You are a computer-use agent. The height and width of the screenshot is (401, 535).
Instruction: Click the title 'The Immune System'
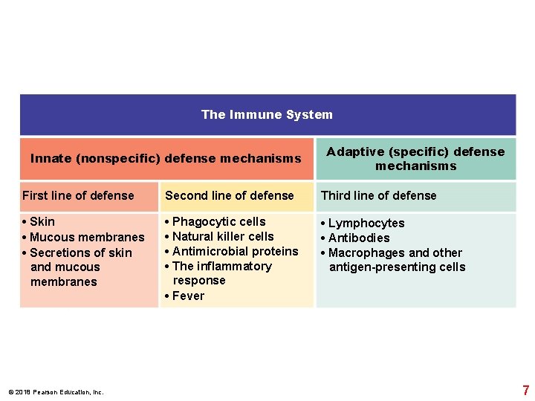(x=267, y=114)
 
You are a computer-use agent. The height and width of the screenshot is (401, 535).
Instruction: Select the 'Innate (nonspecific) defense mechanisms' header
(x=166, y=158)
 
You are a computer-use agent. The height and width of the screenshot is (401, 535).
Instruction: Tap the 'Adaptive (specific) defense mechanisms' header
(x=415, y=158)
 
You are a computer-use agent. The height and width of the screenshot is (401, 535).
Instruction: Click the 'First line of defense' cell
(x=78, y=196)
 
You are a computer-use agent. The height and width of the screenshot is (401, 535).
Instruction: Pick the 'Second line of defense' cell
(x=230, y=196)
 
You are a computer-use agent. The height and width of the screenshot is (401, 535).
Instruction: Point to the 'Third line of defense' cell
(x=378, y=196)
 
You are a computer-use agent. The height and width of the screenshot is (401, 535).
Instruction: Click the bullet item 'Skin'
(x=42, y=222)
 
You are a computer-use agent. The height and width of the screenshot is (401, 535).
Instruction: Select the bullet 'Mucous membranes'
(x=87, y=238)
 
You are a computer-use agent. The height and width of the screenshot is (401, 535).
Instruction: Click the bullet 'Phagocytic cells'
(x=218, y=222)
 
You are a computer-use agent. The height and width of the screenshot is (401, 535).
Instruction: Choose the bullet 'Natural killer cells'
(x=223, y=237)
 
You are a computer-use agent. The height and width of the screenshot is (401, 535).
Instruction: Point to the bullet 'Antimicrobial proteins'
(x=235, y=252)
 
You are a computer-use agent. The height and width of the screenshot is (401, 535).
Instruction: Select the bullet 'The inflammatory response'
(x=221, y=273)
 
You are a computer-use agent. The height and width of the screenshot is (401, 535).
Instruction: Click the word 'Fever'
(x=188, y=296)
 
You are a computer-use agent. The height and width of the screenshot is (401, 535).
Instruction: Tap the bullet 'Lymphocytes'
(x=366, y=224)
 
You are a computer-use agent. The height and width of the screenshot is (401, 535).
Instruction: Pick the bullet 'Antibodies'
(x=359, y=238)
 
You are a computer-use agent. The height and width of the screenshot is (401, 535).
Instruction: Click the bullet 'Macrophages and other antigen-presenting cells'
(x=395, y=260)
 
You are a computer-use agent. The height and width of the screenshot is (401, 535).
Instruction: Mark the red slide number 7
(x=526, y=390)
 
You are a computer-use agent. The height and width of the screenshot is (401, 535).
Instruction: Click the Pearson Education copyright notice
(x=56, y=392)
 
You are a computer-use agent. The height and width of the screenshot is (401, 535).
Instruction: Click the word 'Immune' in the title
(x=250, y=114)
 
